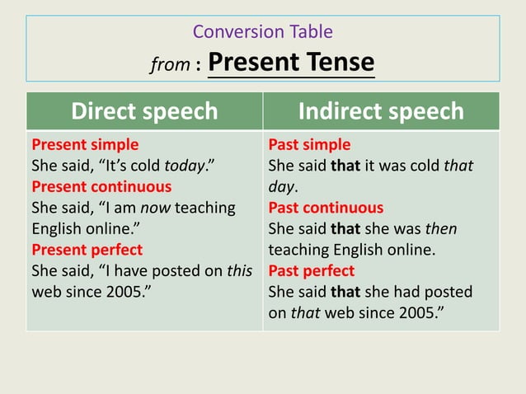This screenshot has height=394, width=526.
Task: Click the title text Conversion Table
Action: (262, 32)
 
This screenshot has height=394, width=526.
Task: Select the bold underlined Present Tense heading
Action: (291, 62)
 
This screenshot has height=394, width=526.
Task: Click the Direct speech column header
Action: (144, 111)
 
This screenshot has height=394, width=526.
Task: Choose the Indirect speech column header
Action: (381, 111)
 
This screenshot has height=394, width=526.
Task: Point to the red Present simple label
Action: (85, 145)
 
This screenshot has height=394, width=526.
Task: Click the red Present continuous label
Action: (101, 187)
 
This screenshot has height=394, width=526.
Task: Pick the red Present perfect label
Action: (87, 250)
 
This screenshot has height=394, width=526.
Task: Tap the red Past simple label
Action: (309, 145)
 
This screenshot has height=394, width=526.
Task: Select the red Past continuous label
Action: (326, 208)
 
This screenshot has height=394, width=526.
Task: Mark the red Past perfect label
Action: (312, 270)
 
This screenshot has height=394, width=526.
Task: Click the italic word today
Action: (182, 166)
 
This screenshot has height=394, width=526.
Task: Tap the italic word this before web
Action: (239, 270)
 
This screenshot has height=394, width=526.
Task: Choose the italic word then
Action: (440, 228)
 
